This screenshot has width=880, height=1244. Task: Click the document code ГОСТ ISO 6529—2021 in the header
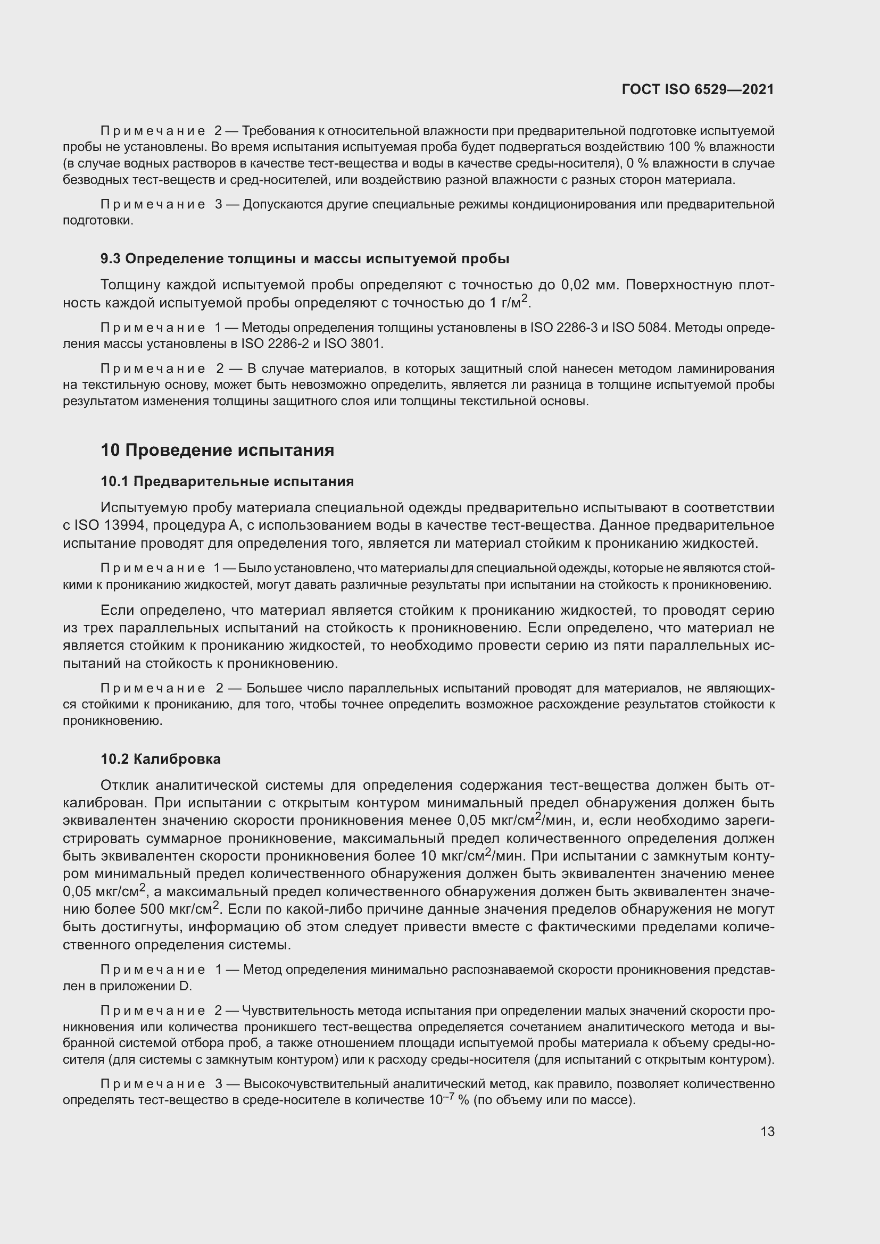698,89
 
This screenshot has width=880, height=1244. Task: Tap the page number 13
767,1131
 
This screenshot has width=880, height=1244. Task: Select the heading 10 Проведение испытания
217,450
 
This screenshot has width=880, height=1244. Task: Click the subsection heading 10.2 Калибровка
160,758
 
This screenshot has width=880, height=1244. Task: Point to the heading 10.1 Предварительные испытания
227,481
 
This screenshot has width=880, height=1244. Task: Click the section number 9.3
110,259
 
